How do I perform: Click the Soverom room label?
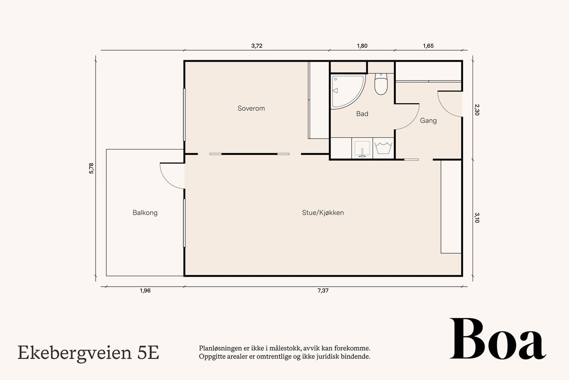pyautogui.click(x=251, y=108)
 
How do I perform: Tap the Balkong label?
pyautogui.click(x=145, y=213)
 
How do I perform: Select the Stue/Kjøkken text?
pyautogui.click(x=323, y=213)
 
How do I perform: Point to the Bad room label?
pyautogui.click(x=362, y=114)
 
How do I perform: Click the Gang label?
pyautogui.click(x=428, y=120)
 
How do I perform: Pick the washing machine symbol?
pyautogui.click(x=383, y=148)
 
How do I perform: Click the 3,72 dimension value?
pyautogui.click(x=256, y=46)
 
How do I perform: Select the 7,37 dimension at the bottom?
pyautogui.click(x=323, y=291)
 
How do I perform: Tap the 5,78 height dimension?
pyautogui.click(x=91, y=168)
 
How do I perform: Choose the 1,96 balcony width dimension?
pyautogui.click(x=145, y=291)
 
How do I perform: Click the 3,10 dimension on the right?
pyautogui.click(x=477, y=218)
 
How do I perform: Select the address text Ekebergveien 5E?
pyautogui.click(x=88, y=353)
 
